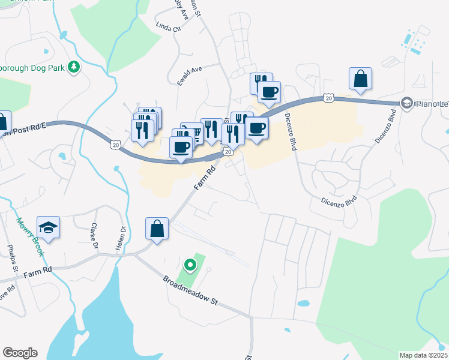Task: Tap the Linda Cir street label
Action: [167, 27]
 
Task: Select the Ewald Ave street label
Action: [189, 78]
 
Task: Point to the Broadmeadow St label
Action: [190, 292]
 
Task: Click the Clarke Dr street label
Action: [94, 236]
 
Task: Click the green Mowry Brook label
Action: [31, 236]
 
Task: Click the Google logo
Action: [20, 353]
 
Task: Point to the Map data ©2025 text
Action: [423, 355]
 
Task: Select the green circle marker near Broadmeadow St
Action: [190, 264]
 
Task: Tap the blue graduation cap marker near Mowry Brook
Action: [48, 228]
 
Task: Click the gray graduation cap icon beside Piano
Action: [407, 103]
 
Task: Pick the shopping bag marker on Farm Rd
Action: [157, 229]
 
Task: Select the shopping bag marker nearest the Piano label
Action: [360, 79]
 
